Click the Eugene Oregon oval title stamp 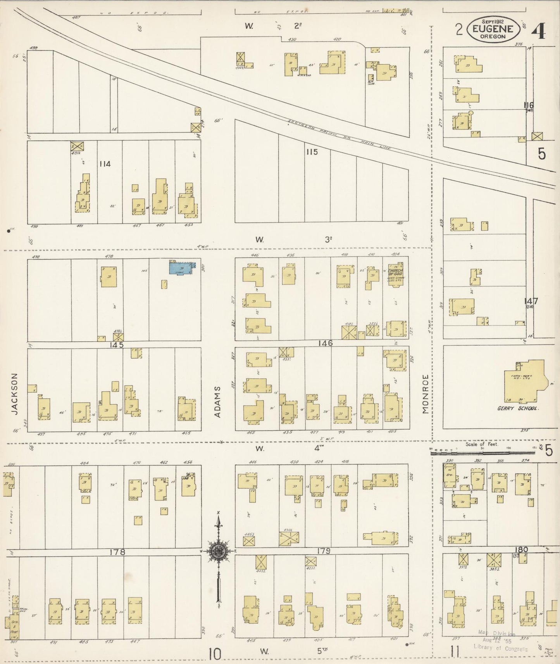point(493,29)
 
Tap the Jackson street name point(15,394)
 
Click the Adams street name point(217,401)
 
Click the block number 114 point(105,164)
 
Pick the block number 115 point(312,152)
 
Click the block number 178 point(117,552)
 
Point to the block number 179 point(323,551)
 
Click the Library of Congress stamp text point(500,649)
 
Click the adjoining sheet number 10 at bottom point(214,654)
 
